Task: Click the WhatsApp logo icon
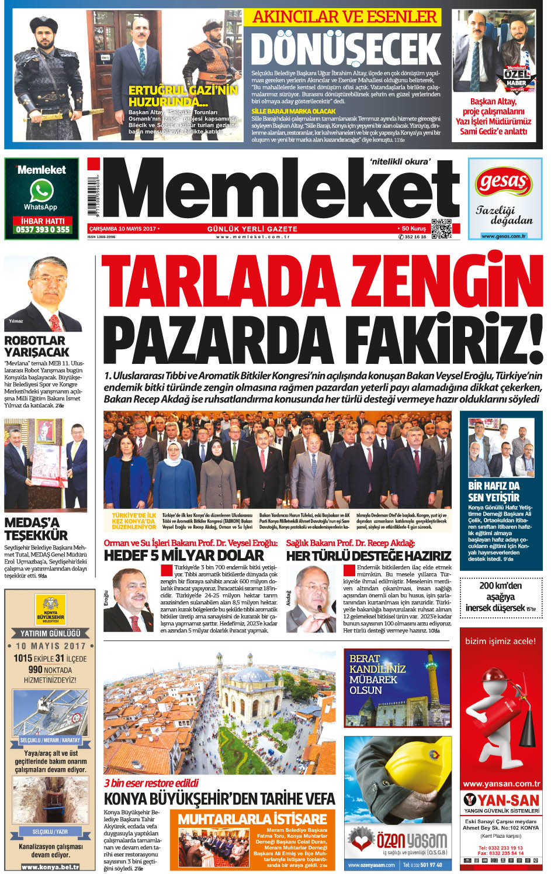[x=41, y=191]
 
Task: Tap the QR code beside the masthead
[x=441, y=228]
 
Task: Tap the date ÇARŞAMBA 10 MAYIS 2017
[x=122, y=229]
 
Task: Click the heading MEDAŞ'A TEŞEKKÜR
[x=36, y=529]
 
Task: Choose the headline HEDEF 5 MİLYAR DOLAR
[x=184, y=555]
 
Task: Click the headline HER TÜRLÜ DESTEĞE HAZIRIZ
[x=369, y=555]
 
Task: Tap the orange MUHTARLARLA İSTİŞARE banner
[x=252, y=818]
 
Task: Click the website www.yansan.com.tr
[x=501, y=783]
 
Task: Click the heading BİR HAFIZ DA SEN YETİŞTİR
[x=494, y=491]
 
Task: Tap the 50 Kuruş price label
[x=414, y=229]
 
